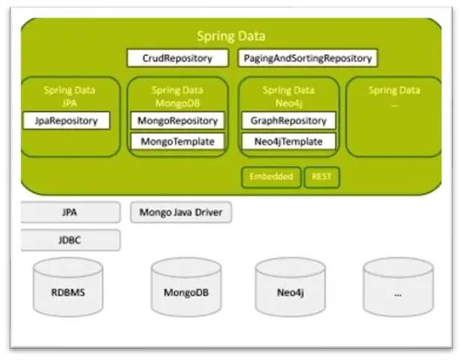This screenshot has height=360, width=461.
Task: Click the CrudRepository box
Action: [x=177, y=58]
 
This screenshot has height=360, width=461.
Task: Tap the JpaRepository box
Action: [x=67, y=120]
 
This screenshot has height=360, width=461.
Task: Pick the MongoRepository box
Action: [x=177, y=120]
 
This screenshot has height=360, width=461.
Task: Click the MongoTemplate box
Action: [x=177, y=141]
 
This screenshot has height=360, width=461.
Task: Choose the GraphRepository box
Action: [x=288, y=120]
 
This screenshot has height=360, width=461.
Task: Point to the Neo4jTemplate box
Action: [x=288, y=141]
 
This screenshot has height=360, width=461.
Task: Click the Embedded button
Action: [x=271, y=177]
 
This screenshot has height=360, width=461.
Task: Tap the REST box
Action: [x=322, y=177]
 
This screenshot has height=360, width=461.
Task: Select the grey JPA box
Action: [x=70, y=213]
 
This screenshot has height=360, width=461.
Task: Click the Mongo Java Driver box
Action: [x=181, y=213]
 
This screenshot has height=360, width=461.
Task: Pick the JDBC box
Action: [x=70, y=241]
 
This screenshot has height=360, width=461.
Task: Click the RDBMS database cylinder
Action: [x=68, y=287]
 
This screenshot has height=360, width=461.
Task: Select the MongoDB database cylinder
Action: [x=185, y=287]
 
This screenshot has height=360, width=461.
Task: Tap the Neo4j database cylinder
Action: [x=290, y=287]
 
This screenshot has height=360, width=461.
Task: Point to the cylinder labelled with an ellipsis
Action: [x=398, y=287]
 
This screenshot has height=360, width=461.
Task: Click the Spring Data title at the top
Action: [x=230, y=36]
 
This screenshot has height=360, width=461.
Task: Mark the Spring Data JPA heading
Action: [x=69, y=95]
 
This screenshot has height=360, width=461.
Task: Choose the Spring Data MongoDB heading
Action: [x=177, y=95]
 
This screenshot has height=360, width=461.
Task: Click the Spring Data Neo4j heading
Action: [x=288, y=95]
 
